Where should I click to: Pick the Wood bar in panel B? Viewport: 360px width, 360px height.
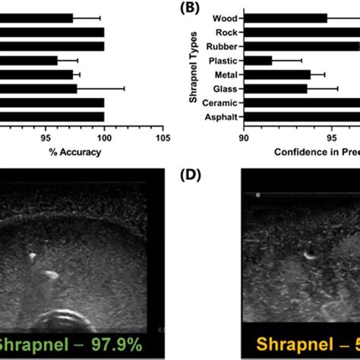[x=285, y=17]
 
